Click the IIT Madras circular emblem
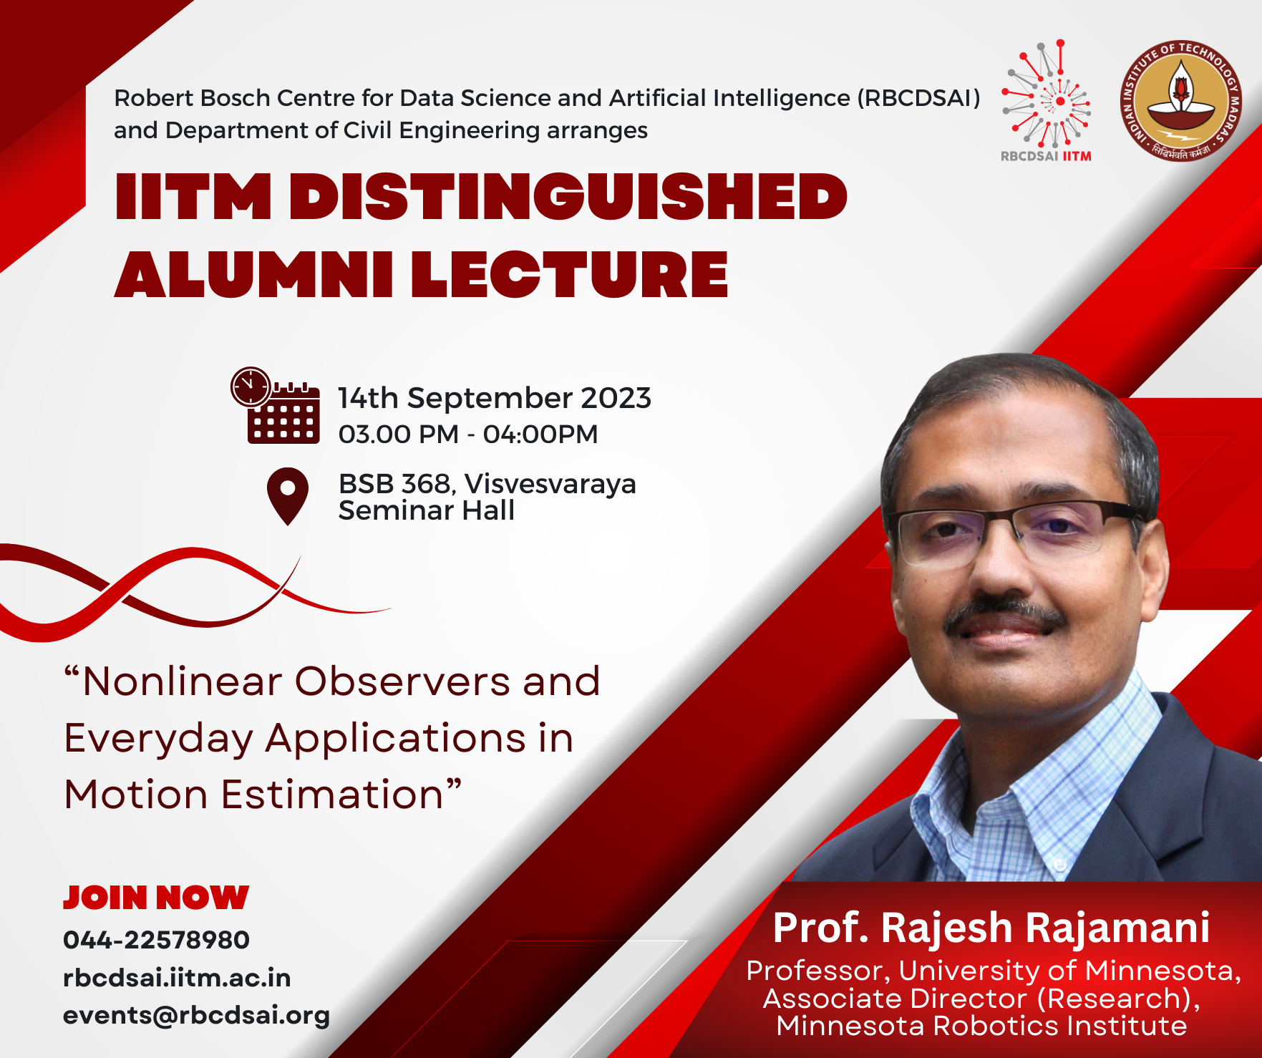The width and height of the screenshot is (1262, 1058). coord(1181,101)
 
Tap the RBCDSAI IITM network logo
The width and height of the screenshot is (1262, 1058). coord(1047,101)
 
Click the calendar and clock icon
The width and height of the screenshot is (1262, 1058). coord(276,405)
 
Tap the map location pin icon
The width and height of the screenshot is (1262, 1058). coord(288,496)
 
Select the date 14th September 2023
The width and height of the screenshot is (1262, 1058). coord(495,398)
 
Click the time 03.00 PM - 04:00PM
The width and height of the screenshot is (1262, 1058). coord(468,434)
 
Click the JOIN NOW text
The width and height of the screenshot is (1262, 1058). coord(156,898)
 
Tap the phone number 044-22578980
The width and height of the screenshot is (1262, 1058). coord(156,940)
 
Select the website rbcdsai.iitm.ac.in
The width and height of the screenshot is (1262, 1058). coord(177,978)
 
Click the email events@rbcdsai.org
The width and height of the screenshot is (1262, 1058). coord(196,1016)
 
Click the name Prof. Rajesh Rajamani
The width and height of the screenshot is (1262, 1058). coord(991,928)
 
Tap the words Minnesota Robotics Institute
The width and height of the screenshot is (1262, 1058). coord(982,1026)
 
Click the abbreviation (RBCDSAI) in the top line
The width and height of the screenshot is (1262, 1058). coord(919,97)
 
